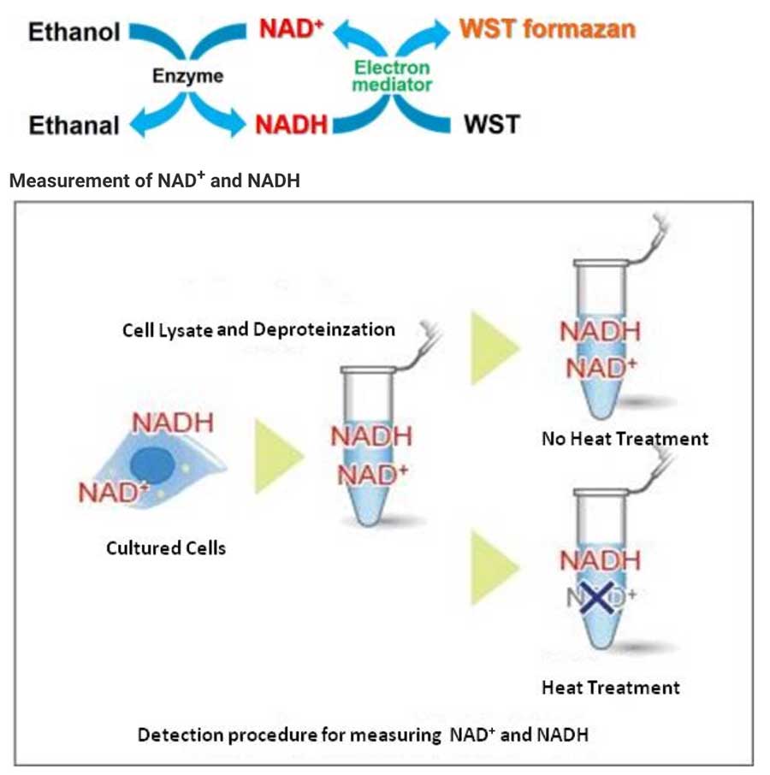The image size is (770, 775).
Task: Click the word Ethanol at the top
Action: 74,33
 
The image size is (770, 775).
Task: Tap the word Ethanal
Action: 74,125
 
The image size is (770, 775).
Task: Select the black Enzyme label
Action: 187,76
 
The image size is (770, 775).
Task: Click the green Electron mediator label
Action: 394,76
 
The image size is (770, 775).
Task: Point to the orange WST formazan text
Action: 548,30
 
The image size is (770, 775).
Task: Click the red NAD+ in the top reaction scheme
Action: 291,30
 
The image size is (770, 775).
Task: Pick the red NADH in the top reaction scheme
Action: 291,125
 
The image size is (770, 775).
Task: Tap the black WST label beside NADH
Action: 491,124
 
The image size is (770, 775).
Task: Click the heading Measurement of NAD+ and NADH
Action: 154,180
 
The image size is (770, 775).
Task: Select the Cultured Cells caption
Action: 166,547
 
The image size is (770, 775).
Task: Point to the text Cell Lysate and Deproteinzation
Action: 258,329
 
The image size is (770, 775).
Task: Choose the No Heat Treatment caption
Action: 625,439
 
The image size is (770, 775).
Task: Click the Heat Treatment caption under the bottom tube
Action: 611,687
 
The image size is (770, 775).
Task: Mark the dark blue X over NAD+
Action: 599,596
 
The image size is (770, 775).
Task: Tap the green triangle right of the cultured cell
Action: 275,456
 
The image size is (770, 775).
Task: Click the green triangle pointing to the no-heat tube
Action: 494,346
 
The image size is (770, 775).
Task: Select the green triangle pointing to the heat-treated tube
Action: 494,567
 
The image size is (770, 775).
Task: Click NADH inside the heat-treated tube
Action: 600,561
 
